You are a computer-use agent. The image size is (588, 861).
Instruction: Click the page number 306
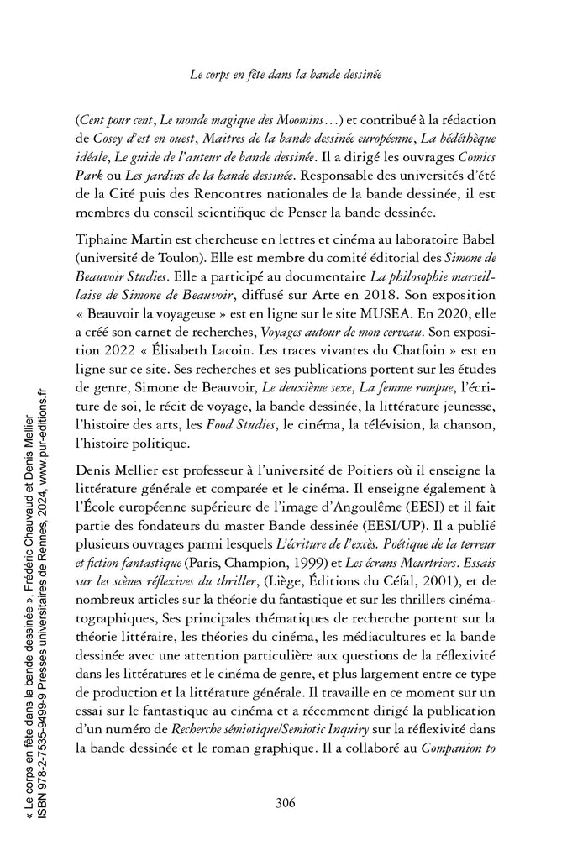pyautogui.click(x=285, y=801)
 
